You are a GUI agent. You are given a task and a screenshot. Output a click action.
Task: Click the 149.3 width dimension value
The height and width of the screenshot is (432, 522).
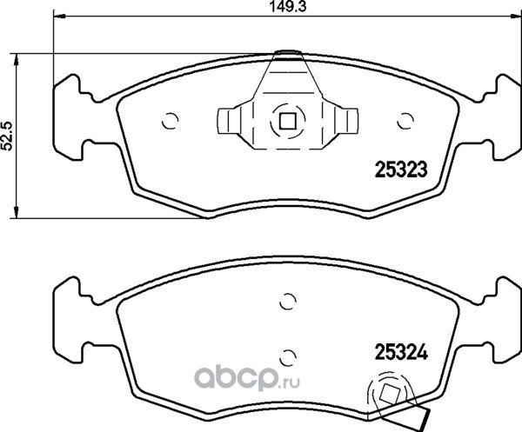[x=287, y=6]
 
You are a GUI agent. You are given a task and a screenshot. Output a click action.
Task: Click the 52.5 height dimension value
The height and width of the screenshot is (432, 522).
[x=7, y=136]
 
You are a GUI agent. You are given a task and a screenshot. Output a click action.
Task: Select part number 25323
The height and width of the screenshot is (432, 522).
[x=401, y=169]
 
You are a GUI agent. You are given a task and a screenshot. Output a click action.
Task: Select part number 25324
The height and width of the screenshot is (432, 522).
[x=401, y=352]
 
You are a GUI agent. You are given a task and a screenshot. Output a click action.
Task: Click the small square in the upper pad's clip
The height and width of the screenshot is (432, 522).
[x=288, y=121]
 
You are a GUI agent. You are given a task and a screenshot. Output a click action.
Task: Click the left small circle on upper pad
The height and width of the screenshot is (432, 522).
[x=171, y=121]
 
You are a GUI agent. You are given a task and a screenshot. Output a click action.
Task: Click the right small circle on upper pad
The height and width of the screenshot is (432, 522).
[x=405, y=121]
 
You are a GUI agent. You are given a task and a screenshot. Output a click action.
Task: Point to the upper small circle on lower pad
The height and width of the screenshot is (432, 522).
[x=288, y=302]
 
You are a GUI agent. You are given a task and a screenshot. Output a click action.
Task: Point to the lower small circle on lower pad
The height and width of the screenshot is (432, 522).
[x=288, y=357]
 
